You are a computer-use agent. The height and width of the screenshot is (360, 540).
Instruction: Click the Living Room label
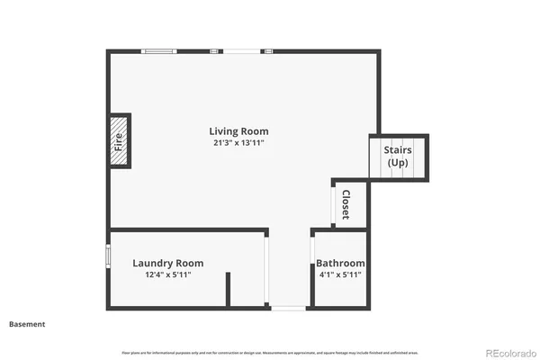pyautogui.click(x=239, y=131)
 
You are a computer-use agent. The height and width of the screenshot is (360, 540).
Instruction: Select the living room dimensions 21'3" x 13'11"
pyautogui.click(x=239, y=143)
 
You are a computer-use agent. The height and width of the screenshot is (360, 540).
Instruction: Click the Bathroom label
pyautogui.click(x=340, y=264)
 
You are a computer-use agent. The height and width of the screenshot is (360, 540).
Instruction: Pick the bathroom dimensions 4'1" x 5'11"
pyautogui.click(x=340, y=275)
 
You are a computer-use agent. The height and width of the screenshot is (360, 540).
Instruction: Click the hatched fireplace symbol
pyautogui.click(x=118, y=141)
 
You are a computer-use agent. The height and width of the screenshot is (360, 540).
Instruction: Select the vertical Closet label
pyautogui.click(x=345, y=204)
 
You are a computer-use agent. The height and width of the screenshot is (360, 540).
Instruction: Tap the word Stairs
pyautogui.click(x=398, y=150)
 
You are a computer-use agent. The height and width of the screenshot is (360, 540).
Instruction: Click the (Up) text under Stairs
pyautogui.click(x=398, y=163)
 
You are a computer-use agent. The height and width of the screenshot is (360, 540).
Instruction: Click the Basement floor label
pyautogui.click(x=27, y=324)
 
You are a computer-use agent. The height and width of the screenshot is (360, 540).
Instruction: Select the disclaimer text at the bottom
pyautogui.click(x=270, y=351)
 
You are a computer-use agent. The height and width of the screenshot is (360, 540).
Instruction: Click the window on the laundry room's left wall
pyautogui.click(x=108, y=256)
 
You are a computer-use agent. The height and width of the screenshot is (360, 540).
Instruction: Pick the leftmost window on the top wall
pyautogui.click(x=160, y=51)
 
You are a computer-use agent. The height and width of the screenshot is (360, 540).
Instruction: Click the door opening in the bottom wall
pyautogui.click(x=289, y=308)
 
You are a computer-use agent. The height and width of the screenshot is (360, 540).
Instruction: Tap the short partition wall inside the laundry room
pyautogui.click(x=229, y=291)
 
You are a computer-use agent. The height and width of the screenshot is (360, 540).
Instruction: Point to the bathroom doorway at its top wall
pyautogui.click(x=338, y=231)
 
